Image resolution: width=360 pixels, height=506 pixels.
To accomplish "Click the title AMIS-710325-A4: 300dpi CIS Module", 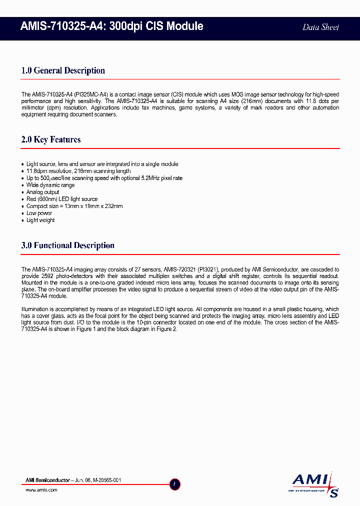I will [x=112, y=26].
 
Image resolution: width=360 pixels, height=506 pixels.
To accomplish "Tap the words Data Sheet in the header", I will [x=320, y=27].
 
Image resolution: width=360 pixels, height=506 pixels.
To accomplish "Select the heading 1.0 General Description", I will [x=63, y=70].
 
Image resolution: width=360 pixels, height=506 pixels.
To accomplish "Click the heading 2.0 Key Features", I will [x=51, y=139].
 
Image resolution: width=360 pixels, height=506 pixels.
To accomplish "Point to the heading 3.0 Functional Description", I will [x=67, y=245].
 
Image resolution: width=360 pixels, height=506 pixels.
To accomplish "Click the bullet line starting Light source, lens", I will [x=102, y=164].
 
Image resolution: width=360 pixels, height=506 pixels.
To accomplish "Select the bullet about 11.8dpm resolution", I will [x=78, y=171].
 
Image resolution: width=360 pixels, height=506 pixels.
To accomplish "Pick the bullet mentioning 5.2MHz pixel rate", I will [x=104, y=178].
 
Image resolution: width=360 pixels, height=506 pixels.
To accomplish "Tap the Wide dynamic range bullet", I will [x=50, y=185].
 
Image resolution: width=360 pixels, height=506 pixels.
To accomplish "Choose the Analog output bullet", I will [x=43, y=192].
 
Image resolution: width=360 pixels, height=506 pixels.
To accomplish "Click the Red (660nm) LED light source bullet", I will [x=62, y=199].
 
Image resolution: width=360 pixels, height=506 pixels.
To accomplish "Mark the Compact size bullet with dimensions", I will [x=74, y=206].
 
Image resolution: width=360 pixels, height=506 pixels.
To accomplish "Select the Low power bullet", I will [x=39, y=213].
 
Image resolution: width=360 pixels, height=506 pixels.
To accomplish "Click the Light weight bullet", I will [x=40, y=220].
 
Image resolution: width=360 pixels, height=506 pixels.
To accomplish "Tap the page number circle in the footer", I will [x=175, y=484].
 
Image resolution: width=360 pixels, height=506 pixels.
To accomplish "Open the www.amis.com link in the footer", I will [x=41, y=490].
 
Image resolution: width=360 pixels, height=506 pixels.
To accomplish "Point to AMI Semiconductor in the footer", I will [x=47, y=480].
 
